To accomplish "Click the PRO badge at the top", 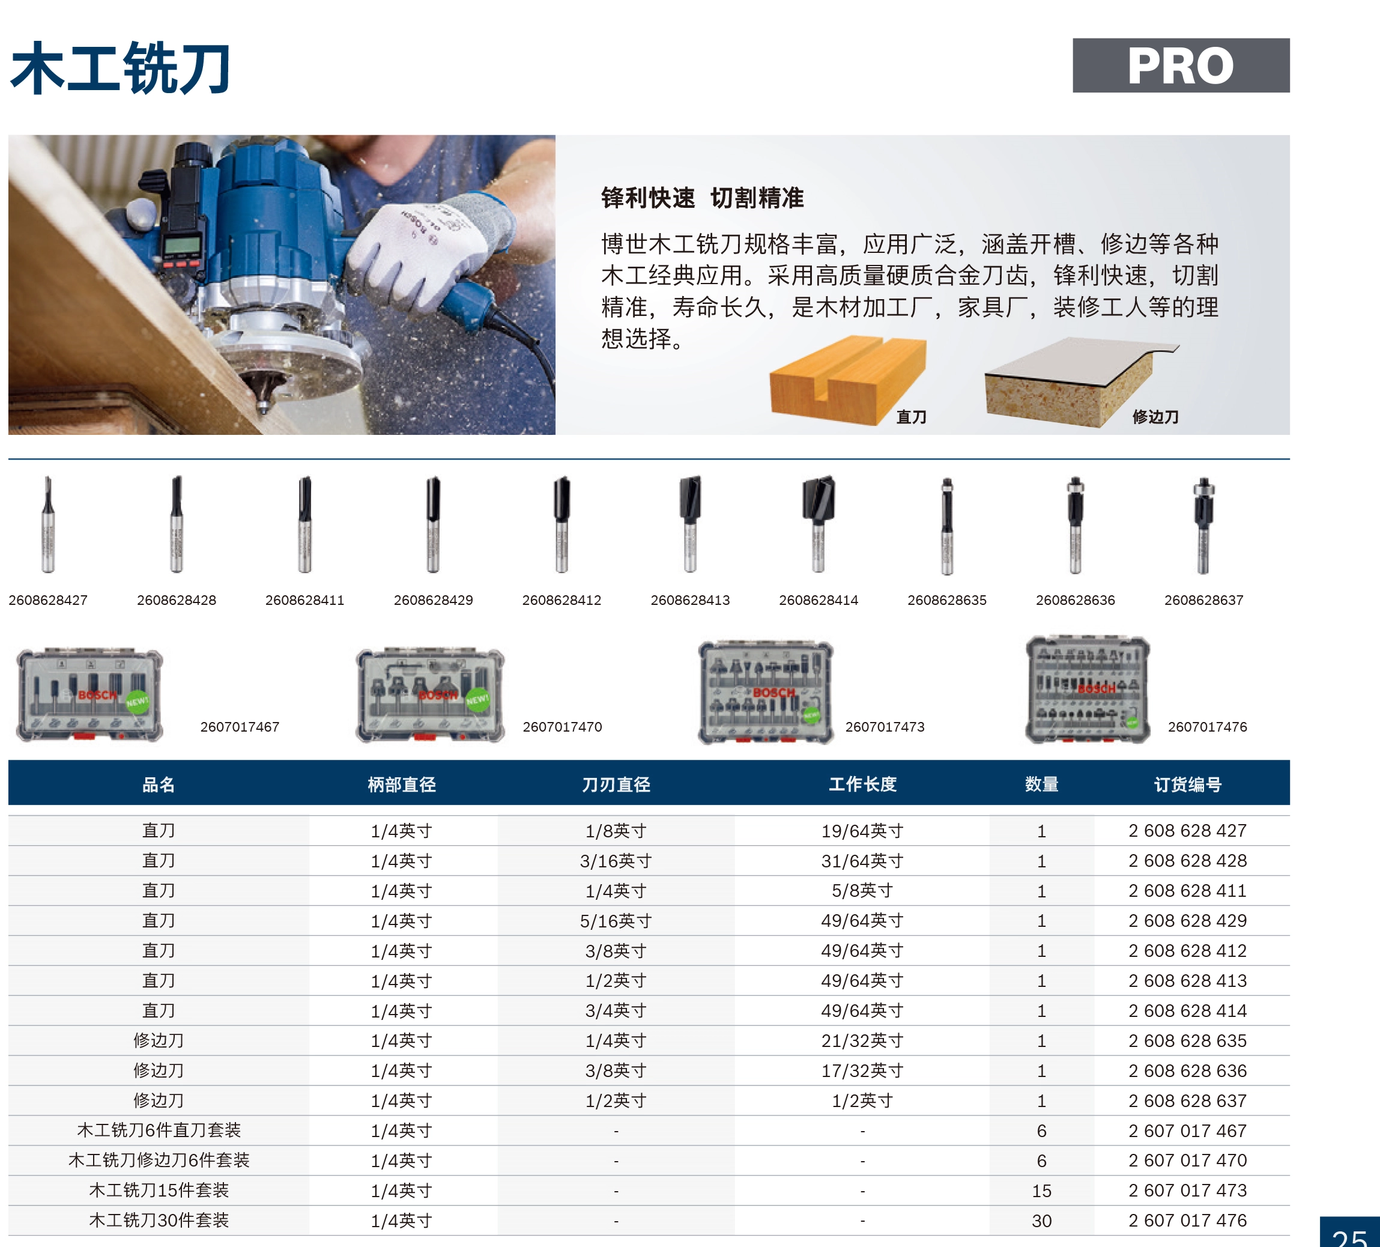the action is click(1181, 65).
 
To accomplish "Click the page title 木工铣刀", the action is click(121, 68).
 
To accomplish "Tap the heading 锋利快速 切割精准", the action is click(703, 198).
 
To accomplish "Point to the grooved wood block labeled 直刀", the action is click(847, 380).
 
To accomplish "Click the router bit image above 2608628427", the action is click(48, 524).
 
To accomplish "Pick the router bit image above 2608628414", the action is click(819, 524).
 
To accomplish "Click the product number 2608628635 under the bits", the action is click(946, 601).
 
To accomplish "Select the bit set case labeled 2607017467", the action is click(89, 694).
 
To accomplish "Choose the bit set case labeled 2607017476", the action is click(1088, 690).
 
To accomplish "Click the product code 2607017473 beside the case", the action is click(885, 727).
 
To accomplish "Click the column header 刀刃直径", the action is click(616, 784).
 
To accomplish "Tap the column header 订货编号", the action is click(1188, 784).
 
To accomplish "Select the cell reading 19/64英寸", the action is click(862, 831).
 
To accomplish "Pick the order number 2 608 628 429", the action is click(1188, 921).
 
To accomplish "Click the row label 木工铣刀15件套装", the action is click(159, 1190).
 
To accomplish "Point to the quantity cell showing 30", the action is click(1041, 1221).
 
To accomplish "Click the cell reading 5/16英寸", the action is click(616, 921).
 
